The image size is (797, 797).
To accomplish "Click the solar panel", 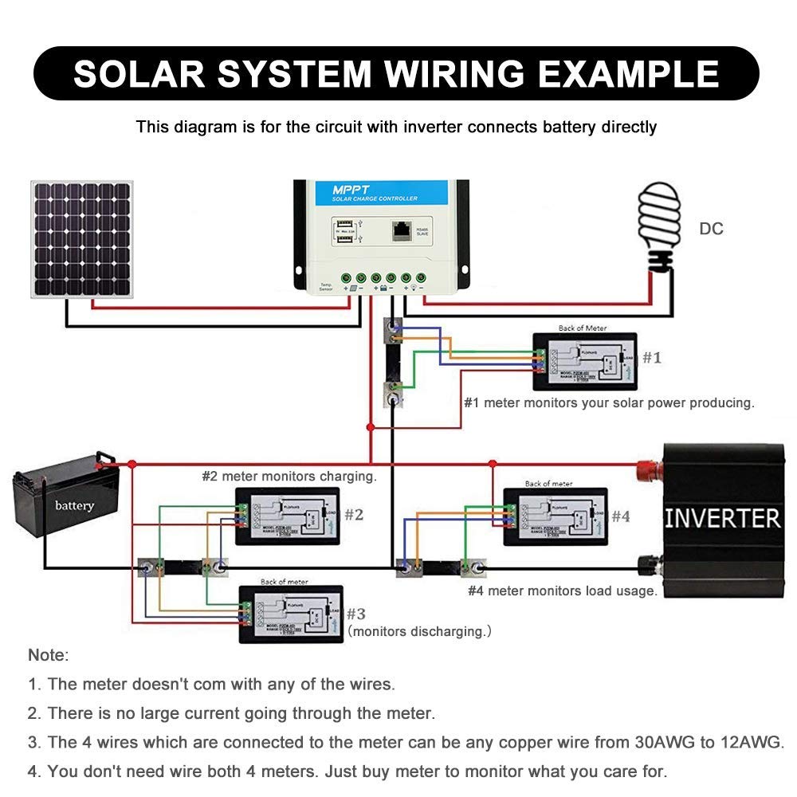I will coord(82,239).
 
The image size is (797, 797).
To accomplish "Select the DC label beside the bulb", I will coord(711,230).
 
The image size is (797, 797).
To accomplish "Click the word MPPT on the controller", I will coord(348,191).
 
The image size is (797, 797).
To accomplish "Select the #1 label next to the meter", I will coord(652,358).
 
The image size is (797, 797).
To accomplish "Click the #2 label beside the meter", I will coord(353,515).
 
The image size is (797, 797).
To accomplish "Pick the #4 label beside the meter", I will coord(621,516).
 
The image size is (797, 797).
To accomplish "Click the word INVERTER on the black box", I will coord(722,518).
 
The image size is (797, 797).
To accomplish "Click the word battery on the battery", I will coord(74,505).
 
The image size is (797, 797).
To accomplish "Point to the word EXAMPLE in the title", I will coord(630,73).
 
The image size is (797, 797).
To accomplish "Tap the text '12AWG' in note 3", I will coord(751,743).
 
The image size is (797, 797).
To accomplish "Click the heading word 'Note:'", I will coord(49,655).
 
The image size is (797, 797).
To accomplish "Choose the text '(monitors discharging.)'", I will coord(419,631).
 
